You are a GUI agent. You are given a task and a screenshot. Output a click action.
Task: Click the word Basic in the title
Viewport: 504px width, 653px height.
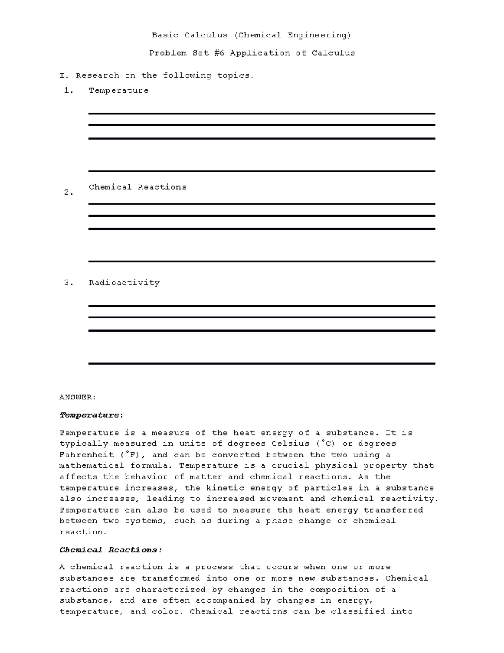tap(165, 35)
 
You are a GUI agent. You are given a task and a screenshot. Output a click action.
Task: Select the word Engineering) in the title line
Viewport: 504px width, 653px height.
tap(319, 35)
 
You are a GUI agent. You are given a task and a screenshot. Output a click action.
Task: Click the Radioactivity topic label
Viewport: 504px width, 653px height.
tap(124, 283)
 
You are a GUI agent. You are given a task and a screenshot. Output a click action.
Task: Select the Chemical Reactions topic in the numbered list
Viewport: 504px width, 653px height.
tap(138, 187)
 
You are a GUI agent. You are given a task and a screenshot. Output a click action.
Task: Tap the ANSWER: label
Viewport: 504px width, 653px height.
tap(78, 397)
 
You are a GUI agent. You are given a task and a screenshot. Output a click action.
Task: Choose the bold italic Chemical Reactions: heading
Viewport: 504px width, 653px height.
tap(111, 550)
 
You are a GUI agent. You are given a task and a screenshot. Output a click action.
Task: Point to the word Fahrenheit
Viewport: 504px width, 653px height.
tap(87, 455)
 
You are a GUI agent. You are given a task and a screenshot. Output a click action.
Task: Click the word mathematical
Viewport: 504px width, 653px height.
tap(92, 466)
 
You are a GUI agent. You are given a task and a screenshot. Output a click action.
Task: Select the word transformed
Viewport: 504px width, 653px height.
tap(171, 579)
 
